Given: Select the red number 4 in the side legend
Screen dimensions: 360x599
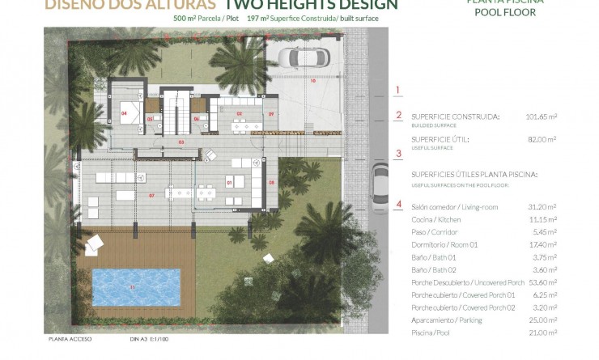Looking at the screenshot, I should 397,204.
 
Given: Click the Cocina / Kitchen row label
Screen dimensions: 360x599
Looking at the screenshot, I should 438,220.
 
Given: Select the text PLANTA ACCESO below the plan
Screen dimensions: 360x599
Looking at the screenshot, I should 68,341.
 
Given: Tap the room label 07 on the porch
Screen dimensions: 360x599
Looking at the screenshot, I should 151,196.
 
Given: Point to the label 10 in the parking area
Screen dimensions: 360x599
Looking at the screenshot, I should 311,82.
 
